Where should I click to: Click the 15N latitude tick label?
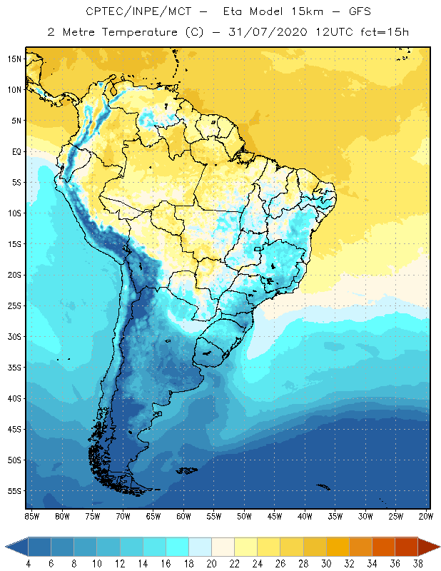coord(15,59)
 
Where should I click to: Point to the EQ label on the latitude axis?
coord(15,151)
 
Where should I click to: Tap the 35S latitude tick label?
coord(15,368)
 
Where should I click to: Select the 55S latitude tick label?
coord(15,491)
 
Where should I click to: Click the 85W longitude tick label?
coord(31,516)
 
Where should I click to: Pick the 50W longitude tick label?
coord(244,516)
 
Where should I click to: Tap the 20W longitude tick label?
coord(426,516)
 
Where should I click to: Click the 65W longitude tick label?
coord(153,516)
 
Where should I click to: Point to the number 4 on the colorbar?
coord(29,565)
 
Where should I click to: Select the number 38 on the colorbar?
coord(417,565)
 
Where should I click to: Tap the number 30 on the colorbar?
coord(326,565)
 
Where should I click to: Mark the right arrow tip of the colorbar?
coord(438,547)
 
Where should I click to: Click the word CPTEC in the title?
coord(106,12)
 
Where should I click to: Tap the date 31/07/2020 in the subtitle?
coord(266,32)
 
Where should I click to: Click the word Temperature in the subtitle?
coord(136,32)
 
